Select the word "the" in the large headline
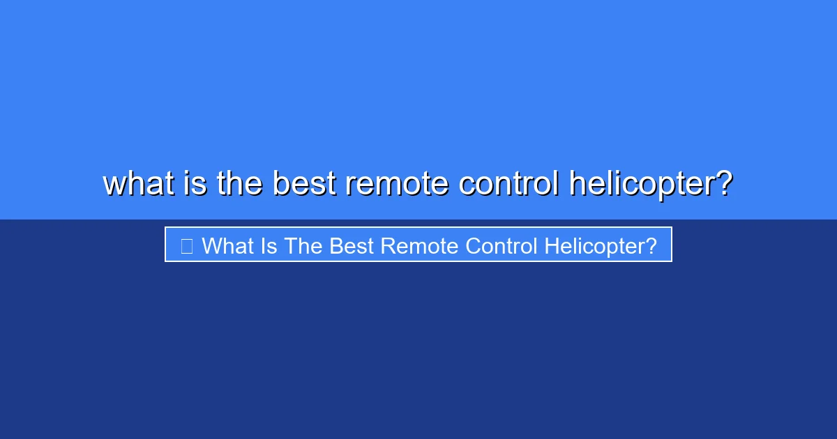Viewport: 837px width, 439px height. click(239, 184)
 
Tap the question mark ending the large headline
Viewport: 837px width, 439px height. click(724, 184)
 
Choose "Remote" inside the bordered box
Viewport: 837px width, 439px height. click(421, 246)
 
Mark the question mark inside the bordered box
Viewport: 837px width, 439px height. click(651, 246)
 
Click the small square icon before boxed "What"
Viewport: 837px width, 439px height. click(186, 246)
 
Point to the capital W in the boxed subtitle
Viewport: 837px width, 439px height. click(211, 246)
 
